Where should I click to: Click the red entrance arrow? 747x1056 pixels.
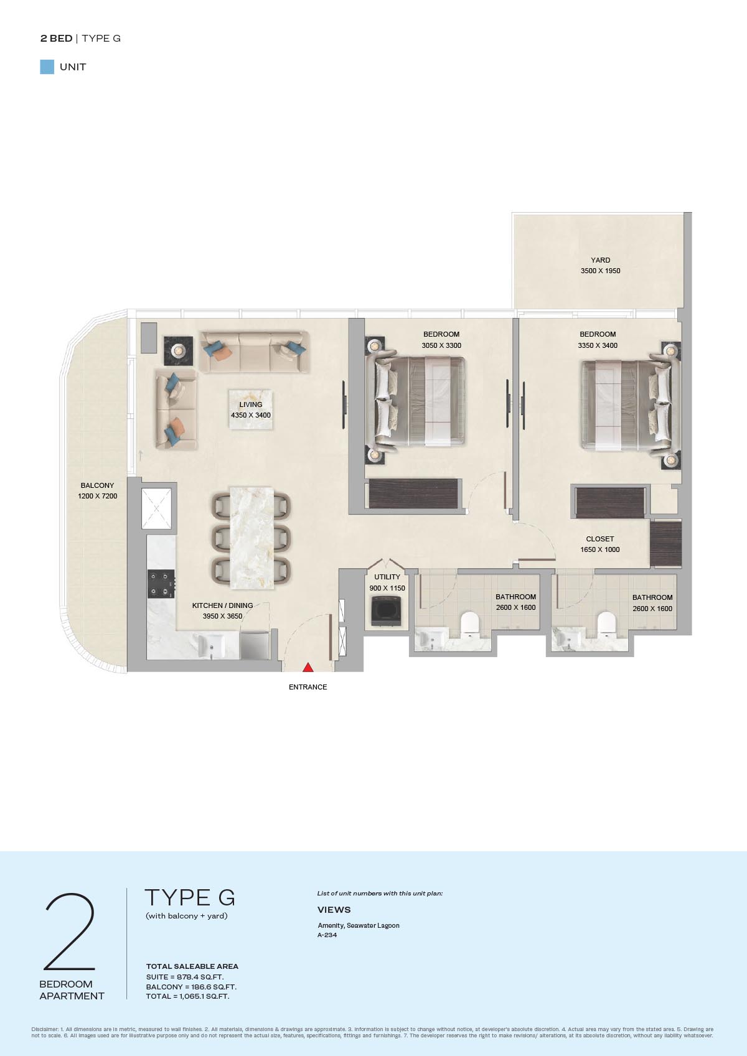(308, 667)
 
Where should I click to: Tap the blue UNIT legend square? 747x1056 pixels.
(47, 67)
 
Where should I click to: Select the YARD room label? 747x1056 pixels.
(600, 260)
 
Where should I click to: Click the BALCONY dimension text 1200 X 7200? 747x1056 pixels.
(98, 496)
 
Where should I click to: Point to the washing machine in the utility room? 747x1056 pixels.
(386, 611)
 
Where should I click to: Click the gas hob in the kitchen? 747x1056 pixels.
(161, 584)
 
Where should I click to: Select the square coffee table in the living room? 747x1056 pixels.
(251, 409)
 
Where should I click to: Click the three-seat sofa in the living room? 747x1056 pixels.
(255, 352)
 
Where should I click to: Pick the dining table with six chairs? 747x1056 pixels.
(251, 538)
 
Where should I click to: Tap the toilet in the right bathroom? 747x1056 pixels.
(606, 623)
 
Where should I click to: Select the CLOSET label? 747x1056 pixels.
(600, 539)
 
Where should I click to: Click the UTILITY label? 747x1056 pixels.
(387, 577)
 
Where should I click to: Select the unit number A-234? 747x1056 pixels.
(327, 935)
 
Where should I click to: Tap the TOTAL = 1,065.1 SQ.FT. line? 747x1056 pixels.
(188, 996)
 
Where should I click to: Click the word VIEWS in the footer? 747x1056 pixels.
(334, 909)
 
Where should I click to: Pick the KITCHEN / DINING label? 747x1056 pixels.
(223, 605)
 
